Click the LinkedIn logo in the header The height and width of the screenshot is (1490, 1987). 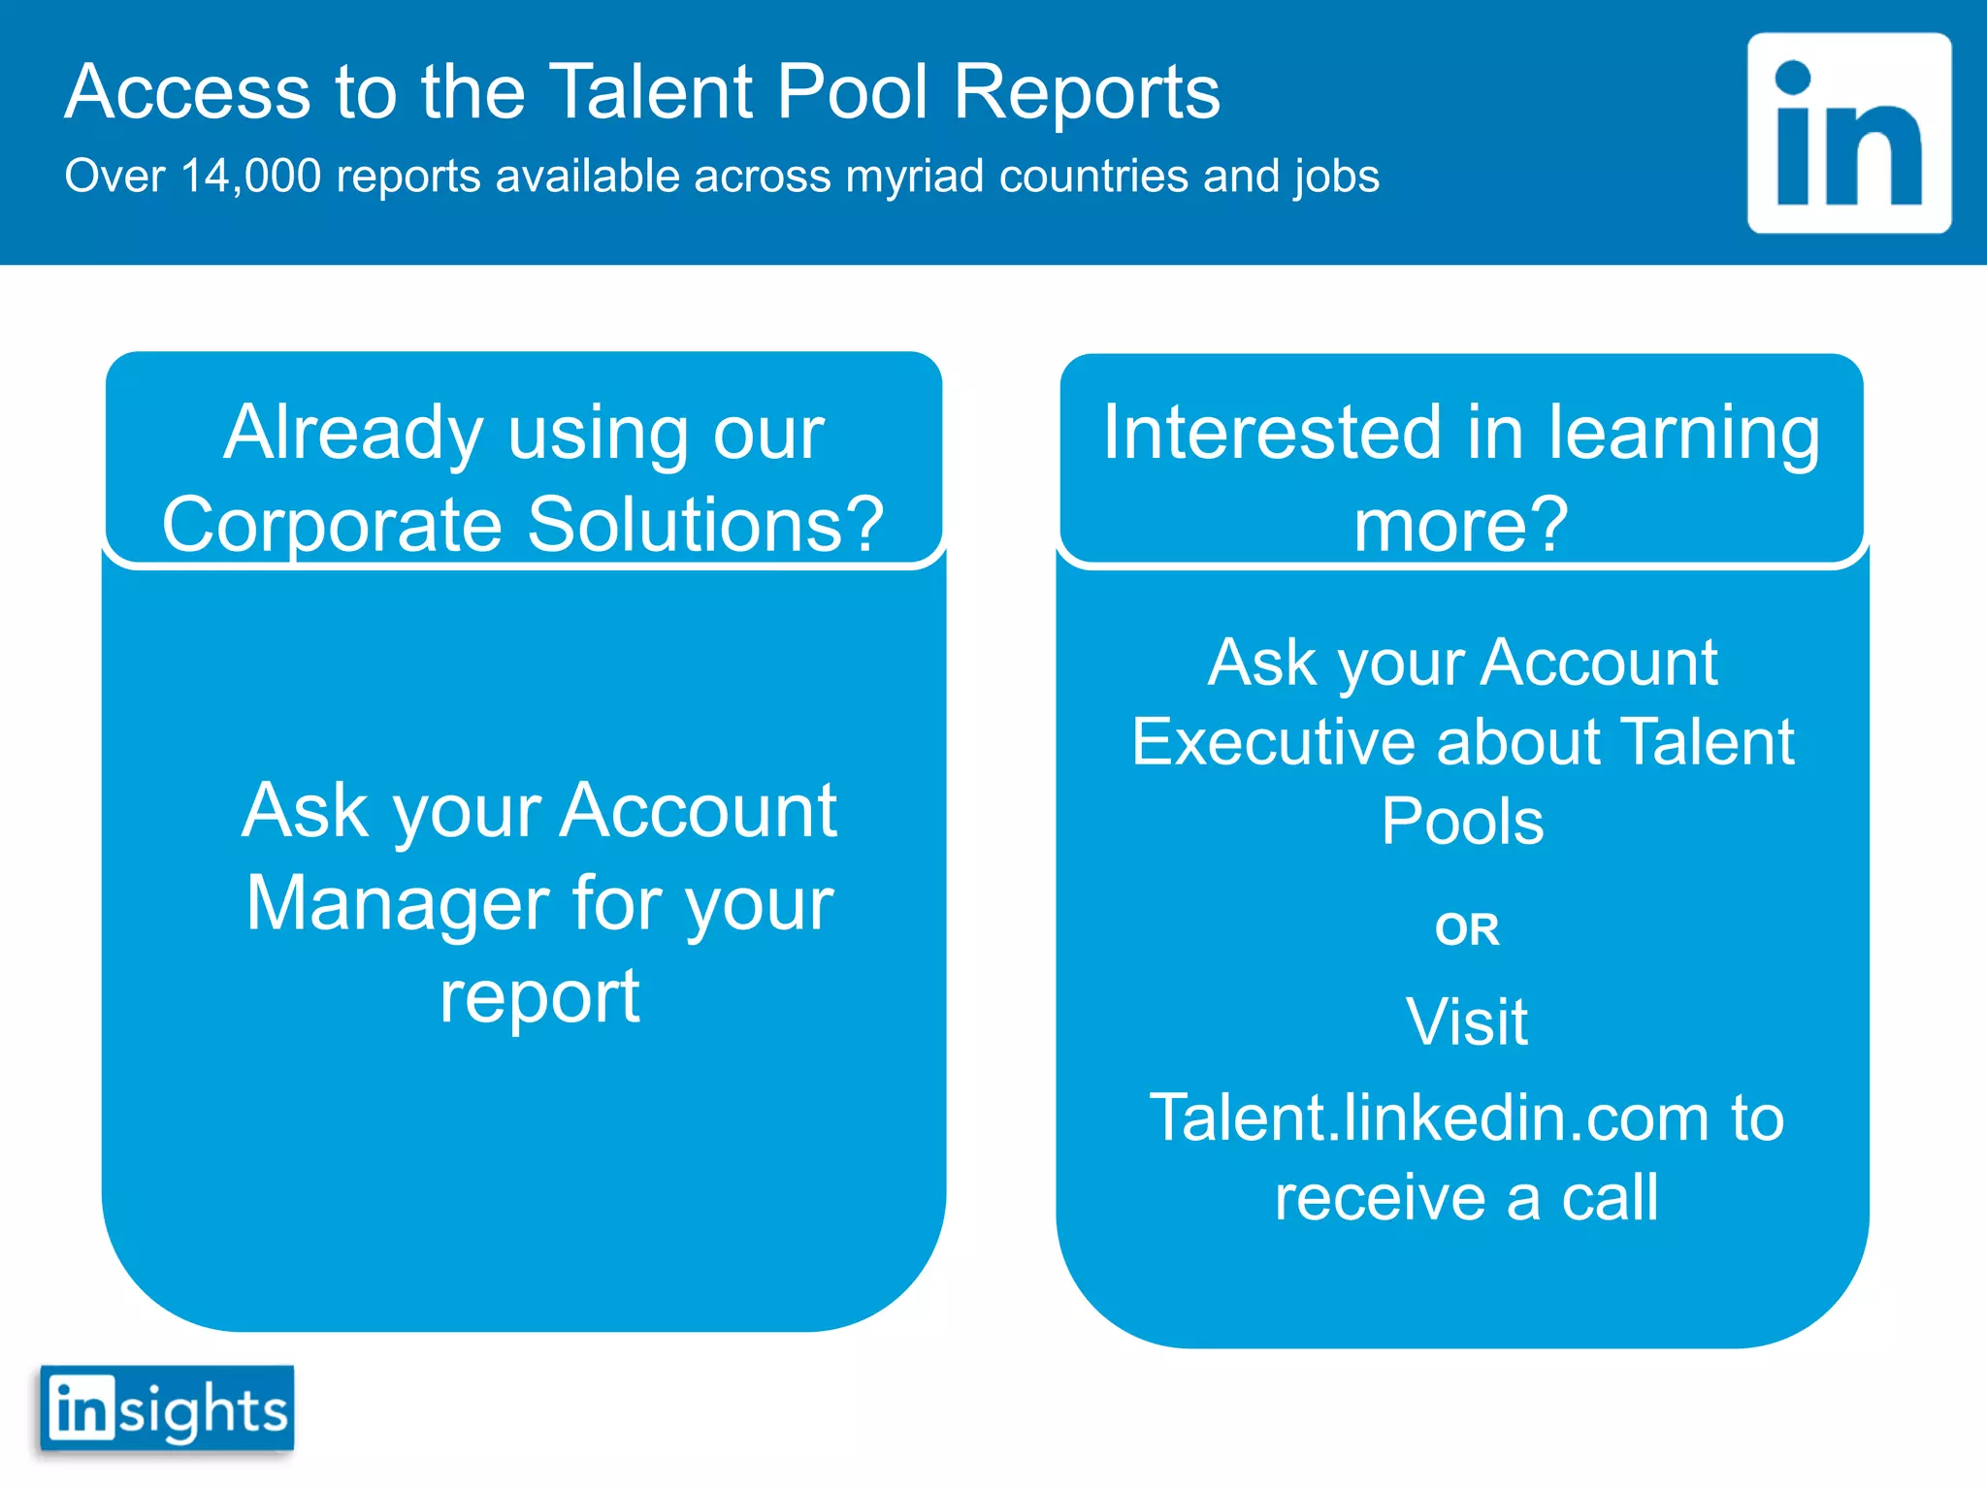pyautogui.click(x=1848, y=133)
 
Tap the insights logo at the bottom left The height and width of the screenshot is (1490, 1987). pyautogui.click(x=167, y=1409)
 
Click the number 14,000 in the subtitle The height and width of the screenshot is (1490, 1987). pyautogui.click(x=250, y=177)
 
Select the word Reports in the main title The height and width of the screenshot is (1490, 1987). pyautogui.click(x=1087, y=92)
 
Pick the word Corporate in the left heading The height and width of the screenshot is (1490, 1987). pyautogui.click(x=332, y=524)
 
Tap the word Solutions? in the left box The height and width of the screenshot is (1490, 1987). pyautogui.click(x=705, y=524)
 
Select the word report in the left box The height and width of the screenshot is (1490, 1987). pyautogui.click(x=539, y=997)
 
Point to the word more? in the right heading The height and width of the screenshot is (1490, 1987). pyautogui.click(x=1460, y=524)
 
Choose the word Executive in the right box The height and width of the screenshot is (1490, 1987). pyautogui.click(x=1273, y=743)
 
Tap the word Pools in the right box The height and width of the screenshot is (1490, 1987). pyautogui.click(x=1462, y=822)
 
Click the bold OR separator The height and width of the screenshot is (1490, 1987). pyautogui.click(x=1467, y=929)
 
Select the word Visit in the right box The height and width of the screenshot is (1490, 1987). pyautogui.click(x=1467, y=1022)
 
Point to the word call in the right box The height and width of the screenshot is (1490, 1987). pyautogui.click(x=1610, y=1198)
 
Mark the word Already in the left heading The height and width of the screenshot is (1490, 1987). pyautogui.click(x=353, y=434)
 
